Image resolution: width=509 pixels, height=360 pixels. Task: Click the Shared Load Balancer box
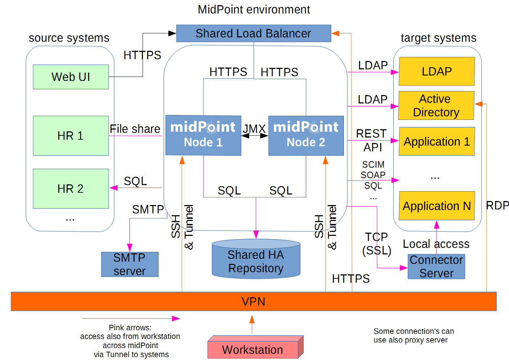click(253, 33)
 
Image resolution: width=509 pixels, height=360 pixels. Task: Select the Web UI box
click(71, 77)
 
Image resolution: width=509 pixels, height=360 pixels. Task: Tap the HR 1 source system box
click(71, 136)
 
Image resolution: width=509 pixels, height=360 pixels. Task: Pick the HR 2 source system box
click(71, 189)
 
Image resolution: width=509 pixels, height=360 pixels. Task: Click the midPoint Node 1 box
click(203, 135)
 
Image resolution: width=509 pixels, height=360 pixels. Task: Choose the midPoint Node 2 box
click(306, 135)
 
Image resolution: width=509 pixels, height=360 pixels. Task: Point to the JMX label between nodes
click(254, 129)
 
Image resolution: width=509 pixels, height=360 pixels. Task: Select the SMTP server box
click(130, 264)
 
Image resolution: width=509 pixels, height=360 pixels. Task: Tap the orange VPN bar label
click(253, 302)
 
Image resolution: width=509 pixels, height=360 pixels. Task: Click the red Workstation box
click(253, 349)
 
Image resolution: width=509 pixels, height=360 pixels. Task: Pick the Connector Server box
click(436, 266)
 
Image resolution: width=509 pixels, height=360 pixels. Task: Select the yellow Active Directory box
click(436, 106)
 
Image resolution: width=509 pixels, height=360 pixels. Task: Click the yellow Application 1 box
click(436, 141)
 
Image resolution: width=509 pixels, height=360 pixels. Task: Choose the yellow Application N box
click(436, 206)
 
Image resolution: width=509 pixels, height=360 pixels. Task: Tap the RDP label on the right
click(497, 205)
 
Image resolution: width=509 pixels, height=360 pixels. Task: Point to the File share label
click(135, 129)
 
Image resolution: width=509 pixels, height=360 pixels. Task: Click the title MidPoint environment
click(254, 9)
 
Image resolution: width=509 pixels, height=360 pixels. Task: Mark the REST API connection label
click(372, 140)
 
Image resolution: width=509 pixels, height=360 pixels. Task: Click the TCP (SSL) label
click(377, 244)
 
